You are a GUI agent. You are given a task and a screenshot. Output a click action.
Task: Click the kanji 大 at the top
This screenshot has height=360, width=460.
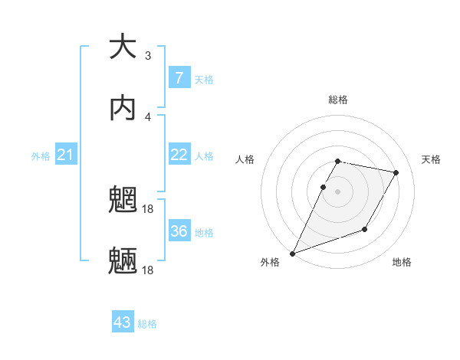123,47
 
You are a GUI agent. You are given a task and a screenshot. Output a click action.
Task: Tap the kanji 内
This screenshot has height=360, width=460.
123,108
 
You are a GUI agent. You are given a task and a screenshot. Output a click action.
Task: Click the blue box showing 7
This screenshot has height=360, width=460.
179,77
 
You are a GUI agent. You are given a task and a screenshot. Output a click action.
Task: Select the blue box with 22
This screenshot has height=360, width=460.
179,155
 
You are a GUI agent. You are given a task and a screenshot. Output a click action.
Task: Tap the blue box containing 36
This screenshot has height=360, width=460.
179,231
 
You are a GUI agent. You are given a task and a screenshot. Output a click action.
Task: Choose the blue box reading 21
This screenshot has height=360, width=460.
67,155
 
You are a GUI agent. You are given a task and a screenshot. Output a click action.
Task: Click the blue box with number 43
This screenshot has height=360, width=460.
123,322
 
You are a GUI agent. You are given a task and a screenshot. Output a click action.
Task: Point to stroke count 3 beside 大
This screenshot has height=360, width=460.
148,55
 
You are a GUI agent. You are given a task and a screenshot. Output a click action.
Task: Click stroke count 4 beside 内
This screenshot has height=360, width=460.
148,116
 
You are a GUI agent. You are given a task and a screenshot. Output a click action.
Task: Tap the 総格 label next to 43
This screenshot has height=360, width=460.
148,324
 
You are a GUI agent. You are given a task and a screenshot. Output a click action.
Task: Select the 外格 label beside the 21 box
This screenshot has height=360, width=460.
41,156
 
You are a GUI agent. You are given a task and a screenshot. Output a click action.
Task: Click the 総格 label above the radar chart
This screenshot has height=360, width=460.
337,100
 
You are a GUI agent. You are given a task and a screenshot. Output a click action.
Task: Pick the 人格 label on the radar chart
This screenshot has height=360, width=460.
245,159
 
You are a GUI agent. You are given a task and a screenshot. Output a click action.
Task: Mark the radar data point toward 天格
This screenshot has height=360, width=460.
396,173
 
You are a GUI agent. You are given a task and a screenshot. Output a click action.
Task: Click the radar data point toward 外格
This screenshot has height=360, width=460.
292,254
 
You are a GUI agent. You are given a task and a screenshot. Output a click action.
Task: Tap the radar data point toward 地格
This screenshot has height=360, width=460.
366,230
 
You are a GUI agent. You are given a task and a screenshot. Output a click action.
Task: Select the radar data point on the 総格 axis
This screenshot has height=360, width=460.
337,161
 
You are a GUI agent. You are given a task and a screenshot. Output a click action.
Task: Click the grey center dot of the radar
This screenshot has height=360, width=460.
337,191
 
